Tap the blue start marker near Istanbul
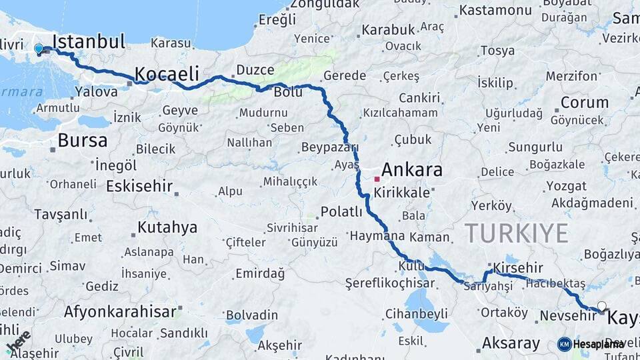[x=39, y=49]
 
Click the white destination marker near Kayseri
[x=602, y=307]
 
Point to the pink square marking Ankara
[x=377, y=179]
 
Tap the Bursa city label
[x=82, y=141]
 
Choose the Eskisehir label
[x=139, y=185]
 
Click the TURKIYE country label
[x=517, y=233]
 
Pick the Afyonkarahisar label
[x=120, y=311]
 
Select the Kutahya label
[x=167, y=227]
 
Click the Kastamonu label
[x=495, y=10]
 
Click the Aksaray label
[x=511, y=343]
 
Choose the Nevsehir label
[x=567, y=315]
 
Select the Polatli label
[x=341, y=212]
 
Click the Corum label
[x=584, y=103]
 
